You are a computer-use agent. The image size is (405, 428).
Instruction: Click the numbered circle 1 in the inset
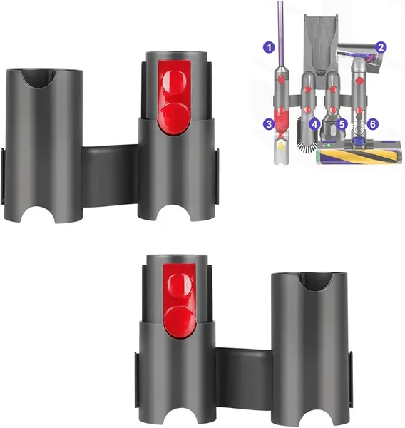pos(269,48)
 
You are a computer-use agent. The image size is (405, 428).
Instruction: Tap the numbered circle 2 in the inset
pos(382,47)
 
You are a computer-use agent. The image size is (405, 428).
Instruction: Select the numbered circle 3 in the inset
pos(269,123)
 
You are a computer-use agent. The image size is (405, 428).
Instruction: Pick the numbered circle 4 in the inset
pos(314,123)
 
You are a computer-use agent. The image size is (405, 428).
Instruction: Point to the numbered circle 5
pos(342,123)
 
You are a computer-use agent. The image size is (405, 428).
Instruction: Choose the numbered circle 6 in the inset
pos(374,123)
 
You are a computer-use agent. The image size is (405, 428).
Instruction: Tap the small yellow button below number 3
pos(282,143)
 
